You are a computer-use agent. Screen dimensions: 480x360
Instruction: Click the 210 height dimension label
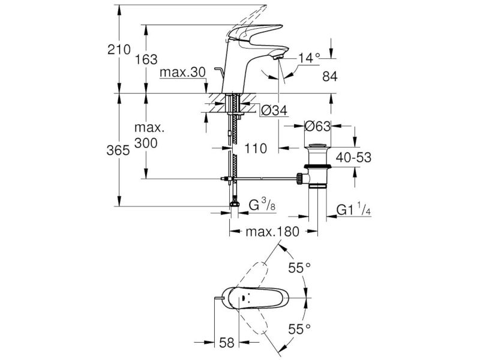point(119,49)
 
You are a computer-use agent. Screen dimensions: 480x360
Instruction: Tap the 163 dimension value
point(146,59)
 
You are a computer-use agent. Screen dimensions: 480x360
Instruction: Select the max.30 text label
point(183,73)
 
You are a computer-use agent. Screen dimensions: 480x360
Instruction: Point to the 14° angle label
point(309,58)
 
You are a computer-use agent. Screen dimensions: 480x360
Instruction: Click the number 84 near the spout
point(329,77)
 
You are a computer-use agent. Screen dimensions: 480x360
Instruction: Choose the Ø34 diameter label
point(275,110)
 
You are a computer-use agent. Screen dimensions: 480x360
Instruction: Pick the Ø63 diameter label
point(317,126)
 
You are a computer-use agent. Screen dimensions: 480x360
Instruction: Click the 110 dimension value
point(256,149)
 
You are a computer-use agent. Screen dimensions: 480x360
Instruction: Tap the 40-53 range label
point(353,158)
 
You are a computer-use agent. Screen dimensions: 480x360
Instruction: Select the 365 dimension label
point(118,151)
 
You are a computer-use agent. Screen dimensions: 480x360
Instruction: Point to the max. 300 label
point(149,136)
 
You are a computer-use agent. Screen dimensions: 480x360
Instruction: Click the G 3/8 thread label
point(262,205)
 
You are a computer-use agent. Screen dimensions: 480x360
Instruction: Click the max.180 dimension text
point(272,232)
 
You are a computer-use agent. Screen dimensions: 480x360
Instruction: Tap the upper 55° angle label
point(299,268)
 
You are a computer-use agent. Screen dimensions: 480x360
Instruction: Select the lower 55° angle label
point(299,329)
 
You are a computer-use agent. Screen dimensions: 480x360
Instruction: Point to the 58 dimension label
point(227,343)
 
